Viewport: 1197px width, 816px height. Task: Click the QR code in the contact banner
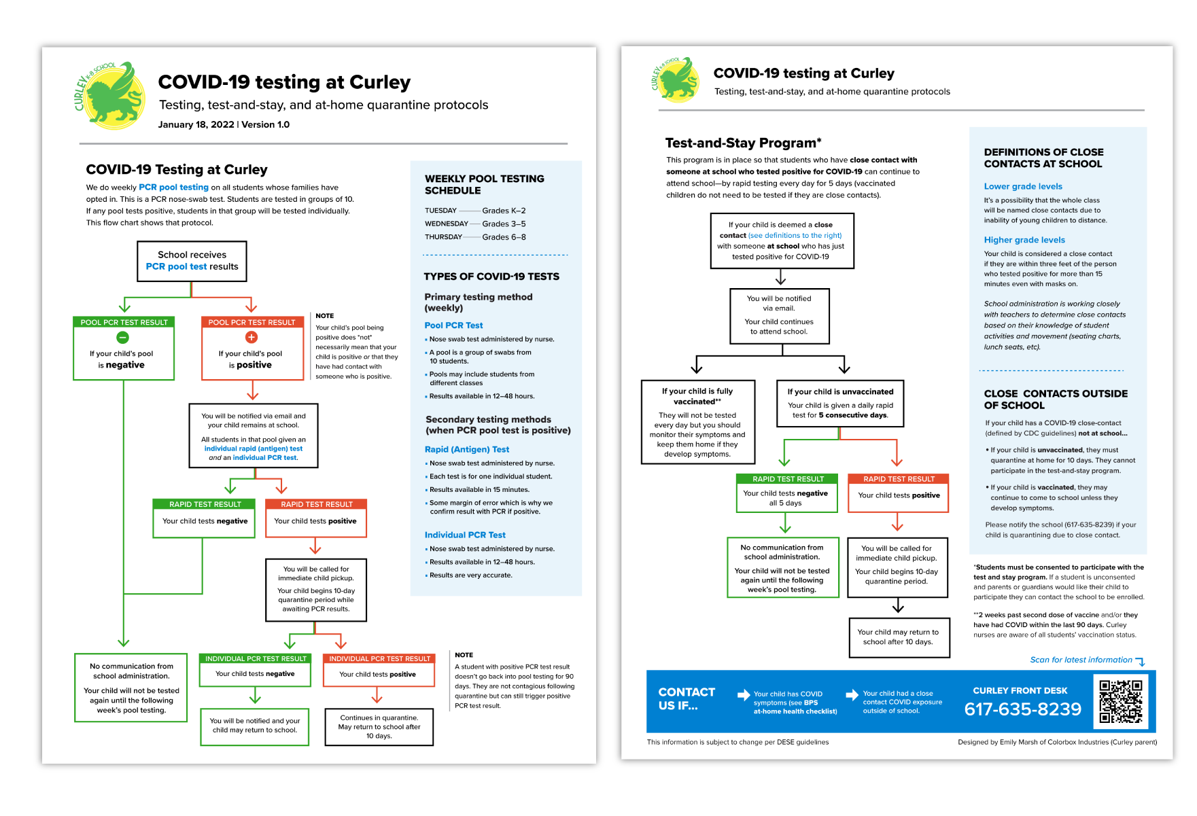(1121, 701)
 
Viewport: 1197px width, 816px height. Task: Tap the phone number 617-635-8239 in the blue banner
(1022, 709)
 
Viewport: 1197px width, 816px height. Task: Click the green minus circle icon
(123, 337)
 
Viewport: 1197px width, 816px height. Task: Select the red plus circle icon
(251, 337)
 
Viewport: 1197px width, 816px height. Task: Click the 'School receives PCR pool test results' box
(192, 261)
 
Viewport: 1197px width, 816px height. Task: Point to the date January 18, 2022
(196, 124)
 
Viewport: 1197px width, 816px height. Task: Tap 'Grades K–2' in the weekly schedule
(504, 211)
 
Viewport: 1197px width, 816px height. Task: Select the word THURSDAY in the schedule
(443, 237)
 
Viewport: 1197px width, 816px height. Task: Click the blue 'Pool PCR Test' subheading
(453, 325)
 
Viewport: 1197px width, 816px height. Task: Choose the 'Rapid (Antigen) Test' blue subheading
(466, 449)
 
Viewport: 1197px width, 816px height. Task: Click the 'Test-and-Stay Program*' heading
(743, 143)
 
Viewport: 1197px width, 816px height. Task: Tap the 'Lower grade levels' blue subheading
(1023, 186)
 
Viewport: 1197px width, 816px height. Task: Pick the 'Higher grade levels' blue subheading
(1024, 240)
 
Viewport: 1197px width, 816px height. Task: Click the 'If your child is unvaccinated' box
(840, 404)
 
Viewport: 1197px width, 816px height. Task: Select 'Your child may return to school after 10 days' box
(898, 637)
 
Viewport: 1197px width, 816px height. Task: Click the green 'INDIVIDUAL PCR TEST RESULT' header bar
(256, 658)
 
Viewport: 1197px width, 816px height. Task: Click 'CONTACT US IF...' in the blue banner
(687, 698)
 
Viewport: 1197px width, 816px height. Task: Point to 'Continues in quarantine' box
(379, 726)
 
